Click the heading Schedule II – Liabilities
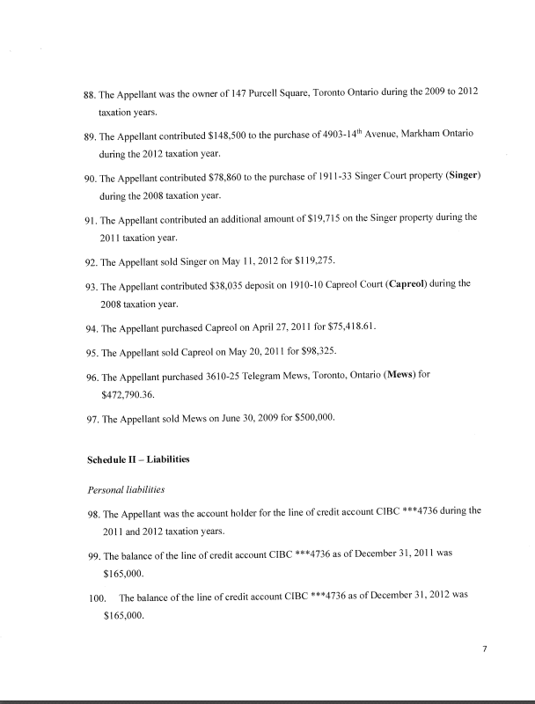coord(138,459)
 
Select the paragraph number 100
coord(96,597)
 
